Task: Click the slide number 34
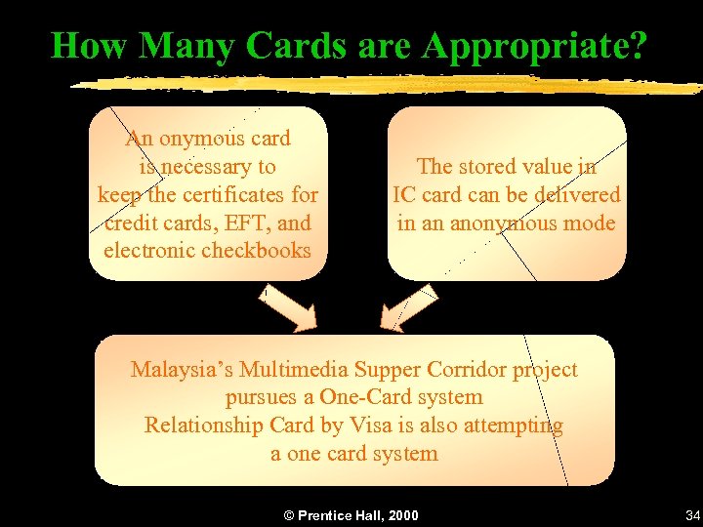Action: (693, 514)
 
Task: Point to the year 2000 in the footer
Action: (401, 514)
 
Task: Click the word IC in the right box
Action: (405, 194)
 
